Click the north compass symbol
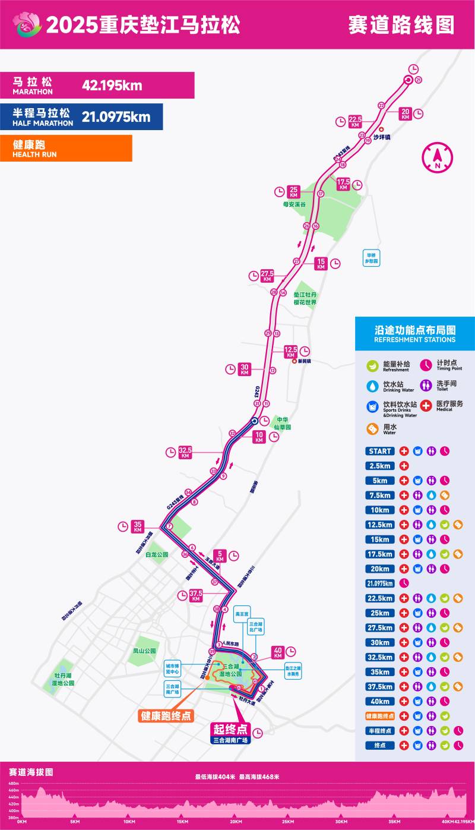(437, 157)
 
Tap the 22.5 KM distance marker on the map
(355, 121)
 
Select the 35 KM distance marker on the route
(138, 526)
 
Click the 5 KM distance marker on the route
(220, 556)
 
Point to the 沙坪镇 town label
(381, 137)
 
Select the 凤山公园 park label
(144, 651)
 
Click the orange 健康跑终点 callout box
(166, 715)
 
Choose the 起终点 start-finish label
(230, 729)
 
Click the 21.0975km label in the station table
(380, 583)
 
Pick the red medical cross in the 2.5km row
(404, 466)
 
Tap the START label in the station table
(380, 451)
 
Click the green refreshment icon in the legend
(372, 366)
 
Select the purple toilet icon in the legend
(426, 386)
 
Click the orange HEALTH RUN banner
(66, 149)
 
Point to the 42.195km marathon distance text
(112, 85)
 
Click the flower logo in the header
(28, 24)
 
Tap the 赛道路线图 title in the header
(401, 25)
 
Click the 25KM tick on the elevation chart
(287, 822)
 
